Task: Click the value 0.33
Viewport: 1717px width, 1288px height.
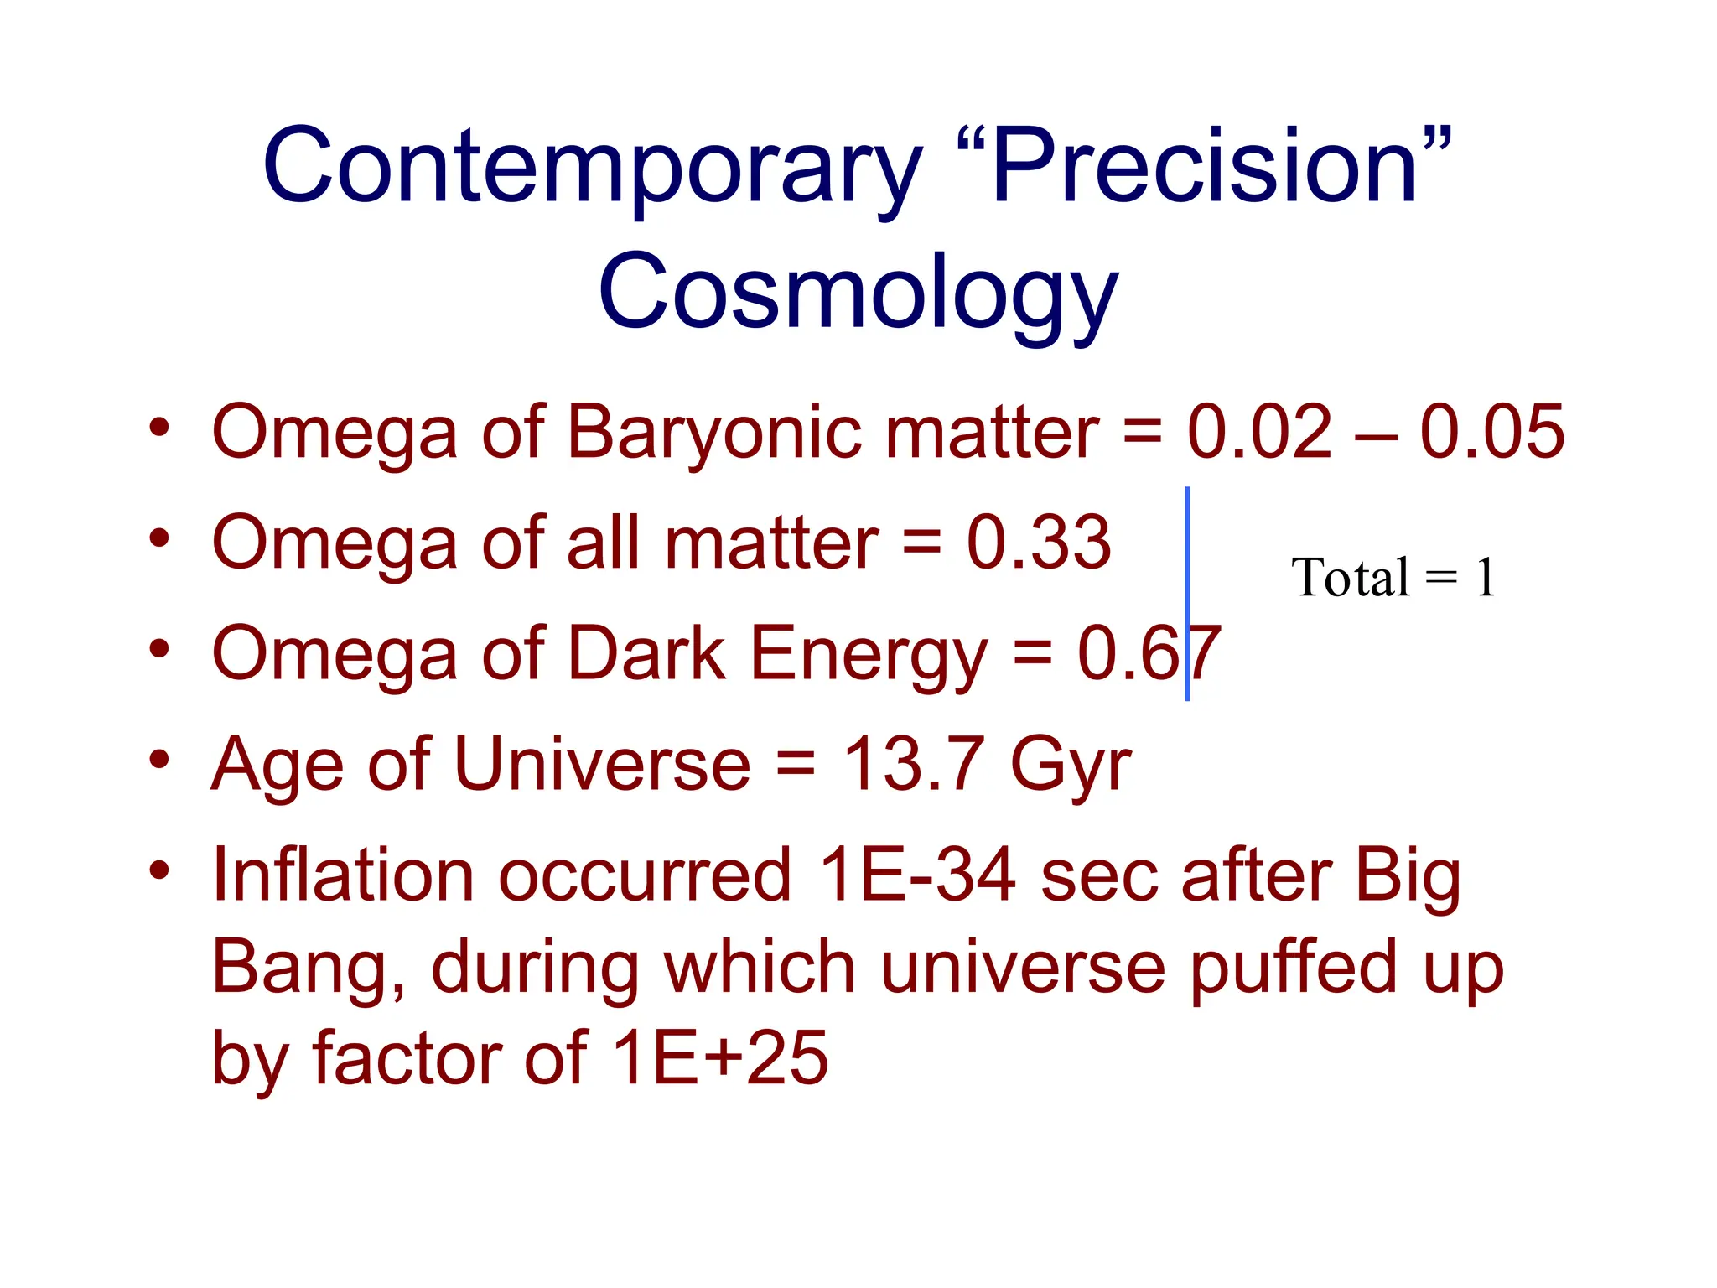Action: (1039, 543)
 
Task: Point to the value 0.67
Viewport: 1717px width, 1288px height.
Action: (1149, 654)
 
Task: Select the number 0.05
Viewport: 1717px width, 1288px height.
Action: (1491, 433)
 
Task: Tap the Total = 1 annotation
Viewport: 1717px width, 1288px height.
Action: (1393, 578)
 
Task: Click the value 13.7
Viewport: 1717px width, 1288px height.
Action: (914, 764)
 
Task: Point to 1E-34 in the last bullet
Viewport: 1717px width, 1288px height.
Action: (917, 875)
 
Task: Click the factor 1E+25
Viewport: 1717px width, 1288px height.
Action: (721, 1058)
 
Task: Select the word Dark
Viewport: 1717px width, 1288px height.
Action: (646, 654)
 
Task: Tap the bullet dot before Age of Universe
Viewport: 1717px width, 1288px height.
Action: (159, 760)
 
